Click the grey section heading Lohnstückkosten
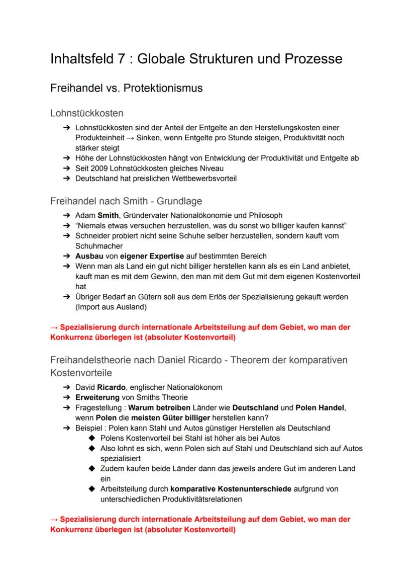click(x=87, y=113)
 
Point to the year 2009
click(x=103, y=169)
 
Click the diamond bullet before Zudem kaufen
click(x=91, y=469)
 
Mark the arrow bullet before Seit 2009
click(x=66, y=169)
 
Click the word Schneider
click(x=94, y=235)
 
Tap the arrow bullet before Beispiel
click(x=66, y=428)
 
